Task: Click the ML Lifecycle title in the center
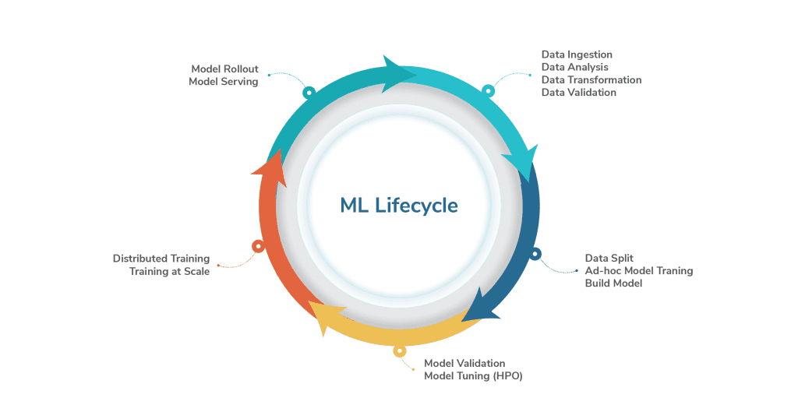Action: click(398, 206)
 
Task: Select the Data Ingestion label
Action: click(577, 55)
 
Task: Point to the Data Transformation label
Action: click(591, 79)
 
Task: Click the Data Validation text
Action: click(578, 92)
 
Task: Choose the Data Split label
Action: click(609, 258)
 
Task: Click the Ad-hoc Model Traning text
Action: click(638, 270)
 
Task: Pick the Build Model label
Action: click(613, 283)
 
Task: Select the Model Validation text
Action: click(464, 363)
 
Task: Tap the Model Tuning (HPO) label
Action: click(472, 375)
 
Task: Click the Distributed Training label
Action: click(161, 259)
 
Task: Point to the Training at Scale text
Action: click(169, 271)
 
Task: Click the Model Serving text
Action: click(223, 81)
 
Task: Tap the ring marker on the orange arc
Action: click(258, 246)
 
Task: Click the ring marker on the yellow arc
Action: click(400, 350)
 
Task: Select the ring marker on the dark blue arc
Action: click(535, 253)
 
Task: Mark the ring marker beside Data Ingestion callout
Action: click(488, 90)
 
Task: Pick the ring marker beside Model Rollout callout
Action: click(309, 92)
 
